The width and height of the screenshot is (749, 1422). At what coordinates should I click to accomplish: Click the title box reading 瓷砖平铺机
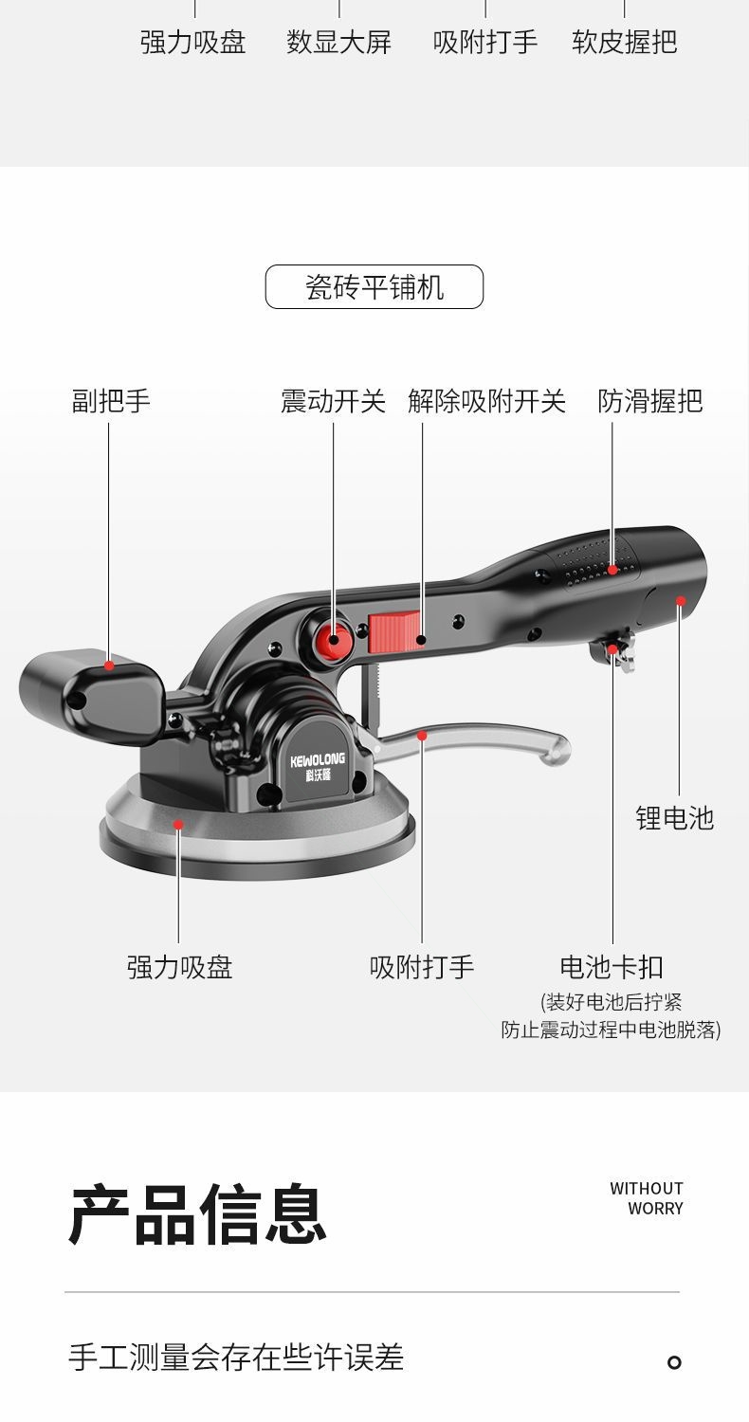[x=374, y=286]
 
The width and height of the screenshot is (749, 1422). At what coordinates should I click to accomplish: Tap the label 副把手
[x=111, y=401]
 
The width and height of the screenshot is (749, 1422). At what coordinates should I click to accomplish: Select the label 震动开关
[x=333, y=401]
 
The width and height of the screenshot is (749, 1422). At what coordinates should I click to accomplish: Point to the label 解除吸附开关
[x=486, y=401]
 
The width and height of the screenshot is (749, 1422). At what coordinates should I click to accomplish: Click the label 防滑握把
[x=649, y=401]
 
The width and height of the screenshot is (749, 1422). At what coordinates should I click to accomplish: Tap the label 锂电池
[x=674, y=818]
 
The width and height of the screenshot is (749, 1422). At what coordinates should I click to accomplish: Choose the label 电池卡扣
[x=612, y=967]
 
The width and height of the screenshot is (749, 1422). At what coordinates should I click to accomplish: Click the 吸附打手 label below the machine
[x=422, y=967]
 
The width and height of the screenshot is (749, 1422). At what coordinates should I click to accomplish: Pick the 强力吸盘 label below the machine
[x=179, y=967]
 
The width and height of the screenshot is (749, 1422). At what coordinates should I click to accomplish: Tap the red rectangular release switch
[x=393, y=632]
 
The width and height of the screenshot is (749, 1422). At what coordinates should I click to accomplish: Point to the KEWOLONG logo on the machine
[x=318, y=766]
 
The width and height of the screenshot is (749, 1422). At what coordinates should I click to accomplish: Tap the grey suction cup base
[x=256, y=834]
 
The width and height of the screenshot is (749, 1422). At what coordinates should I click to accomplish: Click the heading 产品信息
[x=197, y=1214]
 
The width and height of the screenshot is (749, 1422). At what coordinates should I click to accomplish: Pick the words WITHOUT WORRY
[x=647, y=1198]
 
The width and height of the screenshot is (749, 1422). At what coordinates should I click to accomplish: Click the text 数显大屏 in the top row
[x=338, y=42]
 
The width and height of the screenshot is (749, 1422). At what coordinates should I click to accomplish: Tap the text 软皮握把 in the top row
[x=624, y=42]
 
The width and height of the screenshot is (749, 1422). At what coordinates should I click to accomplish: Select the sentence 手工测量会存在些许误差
[x=236, y=1358]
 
